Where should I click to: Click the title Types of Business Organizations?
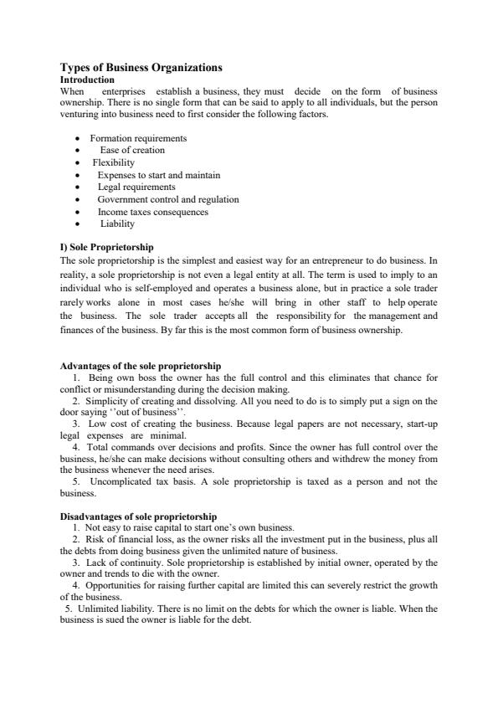pos(141,67)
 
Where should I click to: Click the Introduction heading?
pos(88,80)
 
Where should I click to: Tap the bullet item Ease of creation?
pos(132,151)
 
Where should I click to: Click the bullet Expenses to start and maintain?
pos(159,175)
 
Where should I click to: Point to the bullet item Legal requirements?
pos(136,188)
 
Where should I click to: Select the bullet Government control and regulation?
pos(168,200)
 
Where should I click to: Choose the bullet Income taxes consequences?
pos(153,212)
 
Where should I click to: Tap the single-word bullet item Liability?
pos(117,224)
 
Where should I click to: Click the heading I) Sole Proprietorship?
pos(107,248)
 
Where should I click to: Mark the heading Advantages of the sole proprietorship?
pos(141,367)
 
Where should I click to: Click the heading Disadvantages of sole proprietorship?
pos(139,516)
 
